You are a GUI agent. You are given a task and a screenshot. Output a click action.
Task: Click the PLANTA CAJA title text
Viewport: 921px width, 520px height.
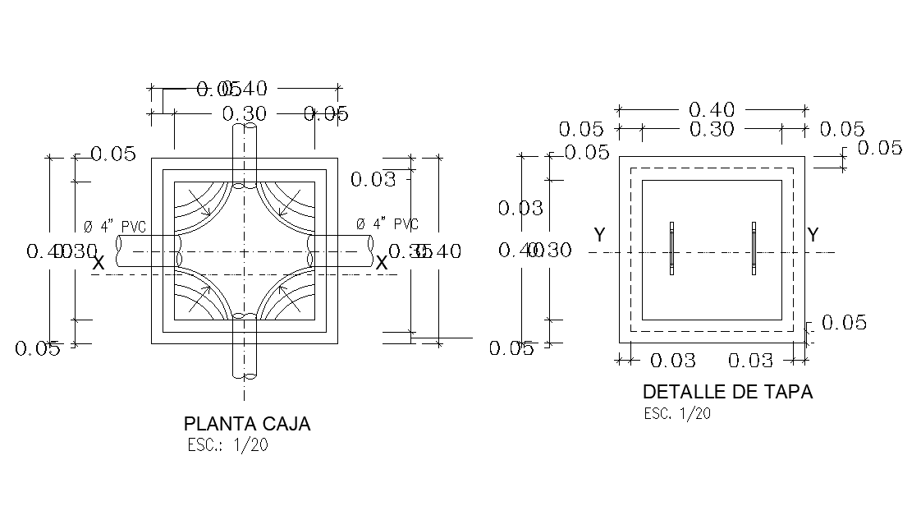[247, 424]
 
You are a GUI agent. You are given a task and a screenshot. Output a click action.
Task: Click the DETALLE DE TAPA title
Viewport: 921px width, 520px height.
[727, 392]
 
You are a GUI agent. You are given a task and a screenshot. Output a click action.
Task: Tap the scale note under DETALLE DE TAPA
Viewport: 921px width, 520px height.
[677, 413]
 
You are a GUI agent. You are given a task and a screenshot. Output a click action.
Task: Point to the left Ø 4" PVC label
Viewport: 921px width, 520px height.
[114, 225]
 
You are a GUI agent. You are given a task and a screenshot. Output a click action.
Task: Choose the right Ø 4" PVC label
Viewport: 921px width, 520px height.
[387, 224]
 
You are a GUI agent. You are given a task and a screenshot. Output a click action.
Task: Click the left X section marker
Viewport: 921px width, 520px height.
[99, 264]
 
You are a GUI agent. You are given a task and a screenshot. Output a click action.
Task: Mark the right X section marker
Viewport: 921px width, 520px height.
[382, 263]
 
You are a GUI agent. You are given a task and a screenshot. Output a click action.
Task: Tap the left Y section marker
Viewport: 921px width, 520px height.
[600, 236]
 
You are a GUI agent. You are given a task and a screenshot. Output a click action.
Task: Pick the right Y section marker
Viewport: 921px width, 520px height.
[813, 235]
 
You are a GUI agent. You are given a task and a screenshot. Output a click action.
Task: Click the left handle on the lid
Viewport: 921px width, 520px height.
[671, 248]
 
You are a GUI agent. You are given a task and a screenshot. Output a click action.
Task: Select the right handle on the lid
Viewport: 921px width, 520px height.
[754, 248]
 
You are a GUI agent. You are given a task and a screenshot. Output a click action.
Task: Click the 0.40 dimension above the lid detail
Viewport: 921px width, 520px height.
[712, 109]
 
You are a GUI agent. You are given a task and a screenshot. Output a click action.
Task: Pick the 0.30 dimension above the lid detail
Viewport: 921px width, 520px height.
[712, 129]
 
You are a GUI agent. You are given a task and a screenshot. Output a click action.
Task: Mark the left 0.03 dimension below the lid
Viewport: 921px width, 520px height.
[673, 361]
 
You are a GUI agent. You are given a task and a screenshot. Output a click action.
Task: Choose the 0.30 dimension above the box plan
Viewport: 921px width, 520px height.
[245, 114]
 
